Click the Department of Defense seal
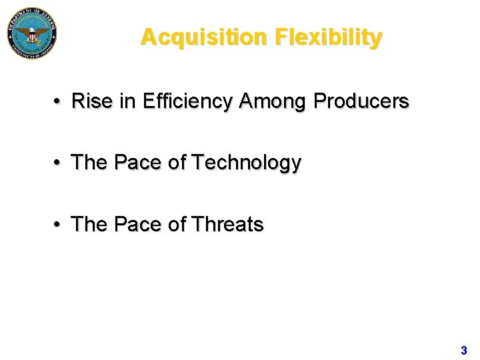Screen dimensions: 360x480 pyautogui.click(x=32, y=32)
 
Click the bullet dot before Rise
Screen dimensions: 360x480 pyautogui.click(x=59, y=102)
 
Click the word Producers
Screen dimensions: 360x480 pyautogui.click(x=361, y=101)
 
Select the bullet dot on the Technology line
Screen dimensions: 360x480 pyautogui.click(x=59, y=163)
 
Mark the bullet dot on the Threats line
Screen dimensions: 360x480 pyautogui.click(x=59, y=225)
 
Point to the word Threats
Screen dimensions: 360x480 pyautogui.click(x=227, y=225)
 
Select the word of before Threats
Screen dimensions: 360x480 pyautogui.click(x=177, y=225)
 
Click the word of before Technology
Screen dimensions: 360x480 pyautogui.click(x=177, y=162)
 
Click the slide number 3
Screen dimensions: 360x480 pyautogui.click(x=463, y=350)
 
